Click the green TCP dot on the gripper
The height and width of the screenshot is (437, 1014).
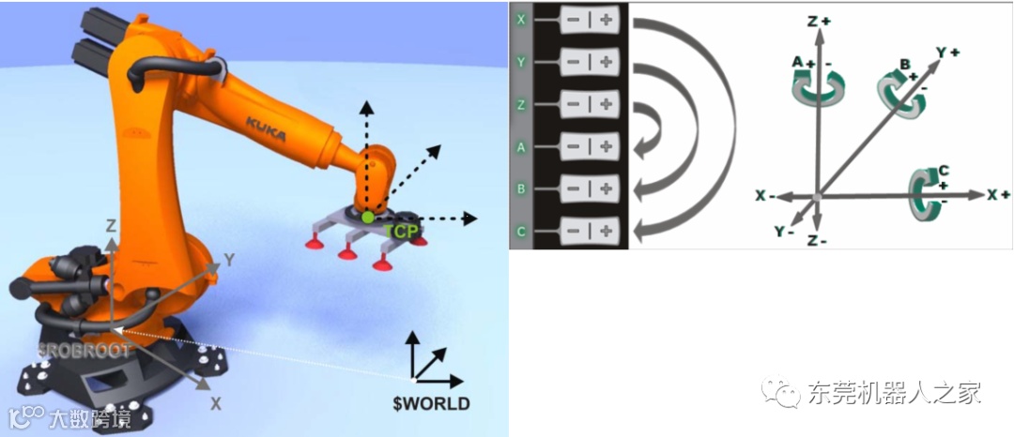[x=368, y=217]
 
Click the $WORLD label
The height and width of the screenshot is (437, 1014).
[x=431, y=404]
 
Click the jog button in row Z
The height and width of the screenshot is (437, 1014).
[x=590, y=105]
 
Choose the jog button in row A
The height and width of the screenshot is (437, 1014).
[x=590, y=146]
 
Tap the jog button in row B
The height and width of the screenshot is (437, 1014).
[x=590, y=188]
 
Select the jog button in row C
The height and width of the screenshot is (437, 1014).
[x=590, y=229]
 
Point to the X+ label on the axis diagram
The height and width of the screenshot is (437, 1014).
[x=998, y=194]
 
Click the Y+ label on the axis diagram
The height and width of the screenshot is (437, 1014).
[x=947, y=53]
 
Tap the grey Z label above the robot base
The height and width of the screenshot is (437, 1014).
[x=111, y=226]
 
